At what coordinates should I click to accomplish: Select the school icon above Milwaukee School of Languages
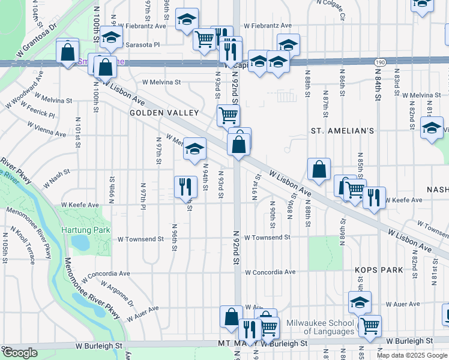coord(360,302)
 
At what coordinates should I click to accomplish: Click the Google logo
coord(20,353)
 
